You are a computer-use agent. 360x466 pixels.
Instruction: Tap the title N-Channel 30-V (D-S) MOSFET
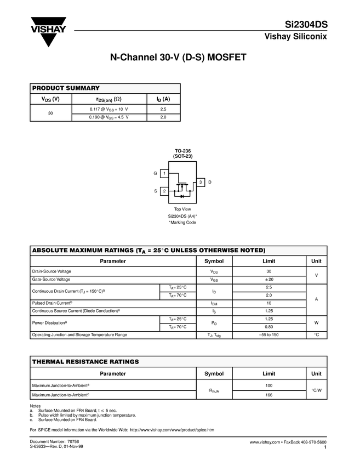coord(180,57)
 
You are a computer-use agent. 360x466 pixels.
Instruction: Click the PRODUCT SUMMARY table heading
coord(66,88)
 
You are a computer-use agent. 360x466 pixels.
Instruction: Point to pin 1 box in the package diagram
coord(164,173)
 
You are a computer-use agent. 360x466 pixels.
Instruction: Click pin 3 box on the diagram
coord(201,181)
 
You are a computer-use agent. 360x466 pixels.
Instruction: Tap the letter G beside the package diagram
coord(155,173)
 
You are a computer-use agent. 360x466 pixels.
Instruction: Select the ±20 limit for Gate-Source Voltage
coord(268,280)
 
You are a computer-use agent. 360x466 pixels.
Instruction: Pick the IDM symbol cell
coord(214,303)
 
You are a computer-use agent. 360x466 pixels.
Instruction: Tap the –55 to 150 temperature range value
coord(268,334)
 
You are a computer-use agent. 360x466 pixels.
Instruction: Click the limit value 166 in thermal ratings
coord(268,395)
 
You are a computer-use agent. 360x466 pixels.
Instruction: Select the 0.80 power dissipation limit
coord(268,327)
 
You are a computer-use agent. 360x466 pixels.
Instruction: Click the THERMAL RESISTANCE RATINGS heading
coord(85,362)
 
